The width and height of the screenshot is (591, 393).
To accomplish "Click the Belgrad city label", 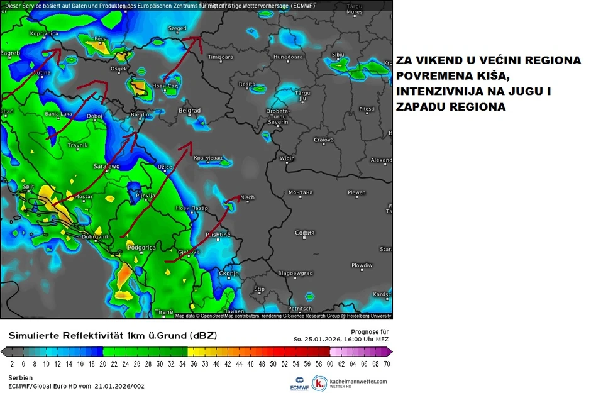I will click(x=189, y=111).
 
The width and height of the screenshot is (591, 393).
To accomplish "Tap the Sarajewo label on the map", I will click(x=106, y=167).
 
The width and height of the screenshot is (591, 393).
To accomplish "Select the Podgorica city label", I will click(x=141, y=248).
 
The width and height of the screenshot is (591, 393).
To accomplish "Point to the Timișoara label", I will click(x=220, y=57).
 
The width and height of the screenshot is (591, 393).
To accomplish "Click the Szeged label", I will click(x=177, y=28).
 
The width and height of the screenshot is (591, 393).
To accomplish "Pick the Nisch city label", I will click(x=247, y=197).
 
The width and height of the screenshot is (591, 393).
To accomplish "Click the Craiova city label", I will click(x=323, y=140).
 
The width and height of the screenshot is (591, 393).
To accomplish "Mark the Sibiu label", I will click(x=338, y=55).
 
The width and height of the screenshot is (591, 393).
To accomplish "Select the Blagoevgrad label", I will click(x=295, y=274).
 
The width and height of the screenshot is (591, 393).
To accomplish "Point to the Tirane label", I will click(x=163, y=312).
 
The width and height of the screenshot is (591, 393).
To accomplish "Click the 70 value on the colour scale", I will click(x=387, y=364).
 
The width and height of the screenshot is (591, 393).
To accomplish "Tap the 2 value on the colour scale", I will click(x=12, y=364).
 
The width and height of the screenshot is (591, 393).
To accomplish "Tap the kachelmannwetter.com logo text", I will click(x=358, y=381).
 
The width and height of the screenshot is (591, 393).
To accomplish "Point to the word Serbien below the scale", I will click(x=21, y=377).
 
